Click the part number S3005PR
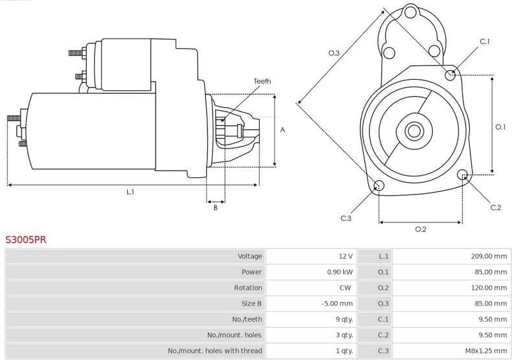pos(26,239)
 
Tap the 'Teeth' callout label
pos(262,81)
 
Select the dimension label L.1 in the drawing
pos(130,192)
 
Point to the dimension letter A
pos(283,130)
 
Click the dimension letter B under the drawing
pos(215,208)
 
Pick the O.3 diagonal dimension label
pos(334,53)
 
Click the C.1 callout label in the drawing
pos(484,42)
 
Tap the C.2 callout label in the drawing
pos(495,208)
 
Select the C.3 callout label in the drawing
pos(345,219)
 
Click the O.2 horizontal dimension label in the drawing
pos(420,229)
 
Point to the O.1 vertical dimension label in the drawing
pos(500,127)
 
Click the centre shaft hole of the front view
pos(413,131)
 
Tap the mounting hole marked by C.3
pos(379,187)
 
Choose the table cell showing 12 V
pos(345,256)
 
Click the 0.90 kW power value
pos(340,272)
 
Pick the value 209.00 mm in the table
pos(489,256)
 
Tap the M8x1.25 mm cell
pos(485,351)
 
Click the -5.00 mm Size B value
pos(337,304)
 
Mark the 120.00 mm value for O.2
pos(489,287)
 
